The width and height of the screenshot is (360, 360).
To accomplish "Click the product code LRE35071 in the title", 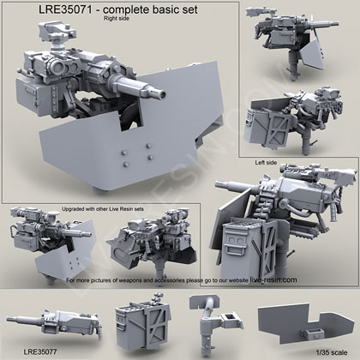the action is pos(65,10).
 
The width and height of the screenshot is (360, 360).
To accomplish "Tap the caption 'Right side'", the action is pos(117,19).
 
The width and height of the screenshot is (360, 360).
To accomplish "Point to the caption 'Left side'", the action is pos(266,163).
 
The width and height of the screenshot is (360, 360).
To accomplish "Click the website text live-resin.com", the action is pos(273,279).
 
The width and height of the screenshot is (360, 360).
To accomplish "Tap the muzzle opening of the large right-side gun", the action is pos(162,94).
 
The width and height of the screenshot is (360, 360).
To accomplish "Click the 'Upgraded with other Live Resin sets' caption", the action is pos(103,209).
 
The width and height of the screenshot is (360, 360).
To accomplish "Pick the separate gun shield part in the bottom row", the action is pos(298,323).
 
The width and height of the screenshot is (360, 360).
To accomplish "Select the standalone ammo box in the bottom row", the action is pos(142,323).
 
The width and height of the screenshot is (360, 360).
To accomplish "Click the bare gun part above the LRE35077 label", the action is pos(54,323).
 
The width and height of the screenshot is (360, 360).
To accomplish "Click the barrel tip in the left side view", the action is pos(219,184).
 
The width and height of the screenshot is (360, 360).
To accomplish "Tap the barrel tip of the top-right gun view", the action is pos(336,25).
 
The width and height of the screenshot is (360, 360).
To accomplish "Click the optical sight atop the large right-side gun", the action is pos(55,33).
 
